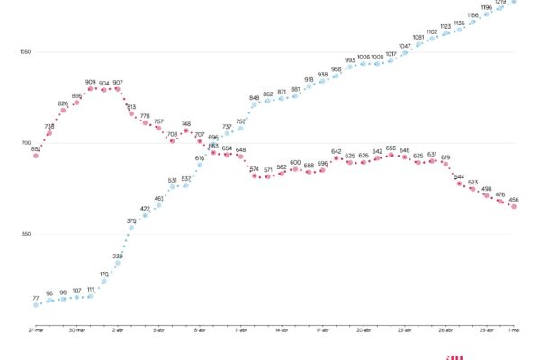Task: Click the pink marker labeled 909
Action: [x=91, y=89]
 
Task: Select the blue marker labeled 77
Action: [x=36, y=304]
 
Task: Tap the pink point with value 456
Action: [x=514, y=206]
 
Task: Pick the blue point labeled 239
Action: [x=118, y=264]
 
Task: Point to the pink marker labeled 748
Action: [x=186, y=131]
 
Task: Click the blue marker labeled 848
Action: [x=255, y=104]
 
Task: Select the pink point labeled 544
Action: [x=459, y=184]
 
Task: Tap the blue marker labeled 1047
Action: [x=404, y=53]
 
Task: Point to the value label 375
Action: [x=131, y=220]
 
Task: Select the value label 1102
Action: [x=432, y=31]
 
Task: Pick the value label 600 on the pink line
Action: [x=295, y=162]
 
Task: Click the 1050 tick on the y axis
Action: [x=25, y=52]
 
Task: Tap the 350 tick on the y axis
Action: [x=25, y=234]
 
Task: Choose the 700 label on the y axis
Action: [x=25, y=143]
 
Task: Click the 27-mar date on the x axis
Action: [x=36, y=330]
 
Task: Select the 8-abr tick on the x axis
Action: [x=200, y=330]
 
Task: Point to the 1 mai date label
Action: [x=514, y=330]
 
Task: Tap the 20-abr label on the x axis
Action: [x=364, y=330]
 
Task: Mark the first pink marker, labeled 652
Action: [x=36, y=156]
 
